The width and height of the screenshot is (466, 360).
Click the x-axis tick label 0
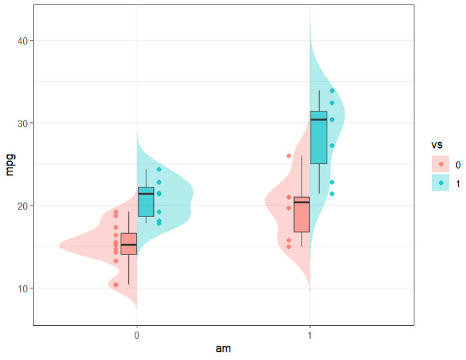(137, 336)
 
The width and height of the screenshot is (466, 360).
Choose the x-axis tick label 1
(310, 336)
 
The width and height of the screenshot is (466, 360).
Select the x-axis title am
(223, 349)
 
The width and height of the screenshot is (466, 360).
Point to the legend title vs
(437, 146)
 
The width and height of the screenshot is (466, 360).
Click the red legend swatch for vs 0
(442, 165)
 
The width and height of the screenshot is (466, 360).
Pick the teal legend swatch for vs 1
(442, 184)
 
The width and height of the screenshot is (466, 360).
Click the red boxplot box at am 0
(129, 243)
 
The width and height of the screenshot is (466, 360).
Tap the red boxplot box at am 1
(302, 214)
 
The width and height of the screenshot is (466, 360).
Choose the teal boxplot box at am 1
(319, 146)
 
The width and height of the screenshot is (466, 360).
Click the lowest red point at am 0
(116, 285)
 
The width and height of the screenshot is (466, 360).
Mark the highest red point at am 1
(289, 156)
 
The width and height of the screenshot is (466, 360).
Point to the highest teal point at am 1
(332, 91)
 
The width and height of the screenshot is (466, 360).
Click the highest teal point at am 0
(159, 169)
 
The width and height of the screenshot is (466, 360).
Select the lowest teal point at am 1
(332, 194)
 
